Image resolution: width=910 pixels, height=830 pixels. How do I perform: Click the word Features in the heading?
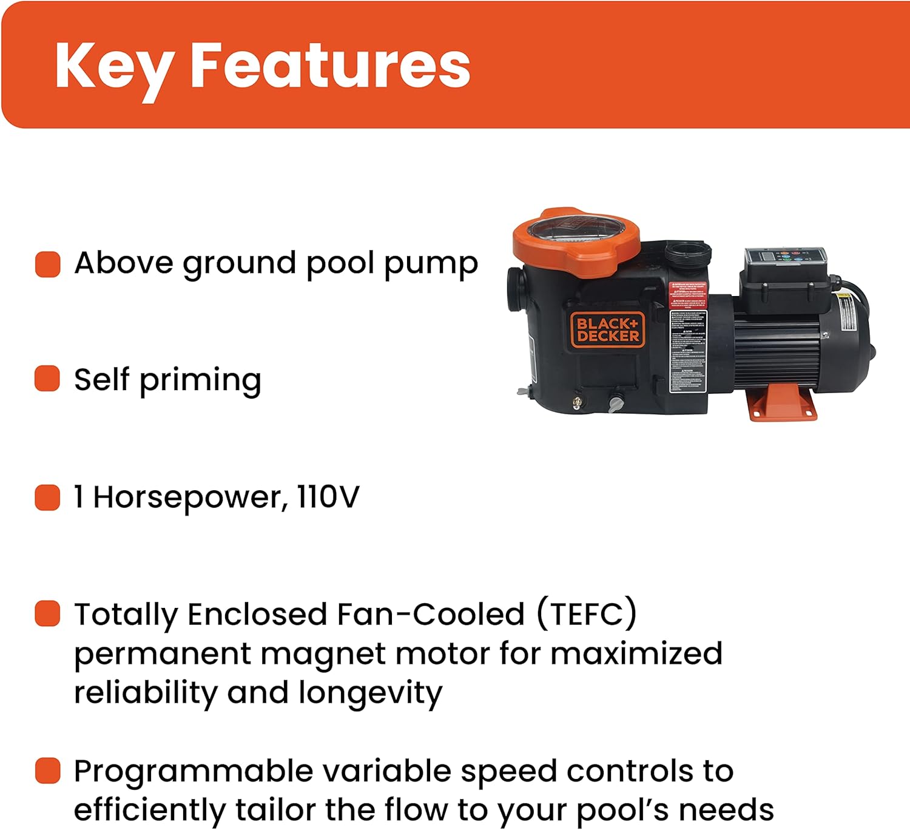(330, 66)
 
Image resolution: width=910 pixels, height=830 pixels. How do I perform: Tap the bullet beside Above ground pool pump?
(48, 265)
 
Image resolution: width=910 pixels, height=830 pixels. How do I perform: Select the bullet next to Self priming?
(48, 379)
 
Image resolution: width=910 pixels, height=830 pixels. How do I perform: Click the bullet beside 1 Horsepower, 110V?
(48, 498)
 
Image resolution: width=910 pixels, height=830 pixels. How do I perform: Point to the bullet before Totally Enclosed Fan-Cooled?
(48, 613)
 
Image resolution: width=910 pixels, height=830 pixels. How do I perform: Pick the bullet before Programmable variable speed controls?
(48, 771)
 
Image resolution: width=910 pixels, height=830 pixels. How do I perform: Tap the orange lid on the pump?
(576, 242)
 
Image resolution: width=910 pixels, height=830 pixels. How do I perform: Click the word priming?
(200, 381)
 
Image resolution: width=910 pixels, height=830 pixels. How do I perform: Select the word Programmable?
(194, 772)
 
